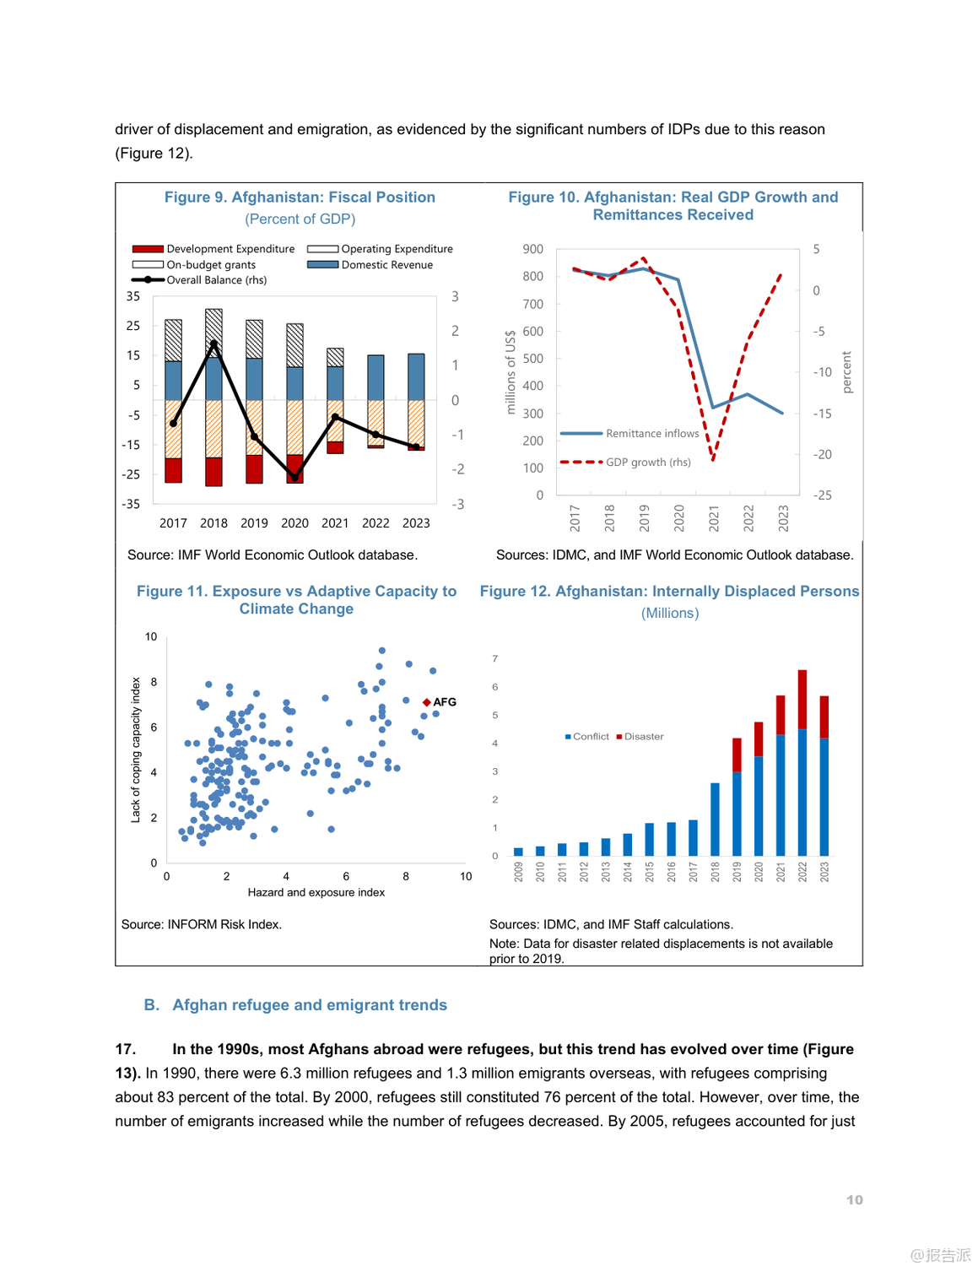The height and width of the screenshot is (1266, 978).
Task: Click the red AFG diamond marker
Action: (427, 702)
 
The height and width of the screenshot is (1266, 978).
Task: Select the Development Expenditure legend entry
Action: (213, 249)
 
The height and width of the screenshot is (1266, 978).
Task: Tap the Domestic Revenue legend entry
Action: (370, 265)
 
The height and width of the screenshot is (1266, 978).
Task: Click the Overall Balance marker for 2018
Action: (213, 344)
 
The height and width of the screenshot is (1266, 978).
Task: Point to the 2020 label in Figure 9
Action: (294, 523)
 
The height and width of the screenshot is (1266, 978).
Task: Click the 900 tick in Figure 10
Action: (532, 249)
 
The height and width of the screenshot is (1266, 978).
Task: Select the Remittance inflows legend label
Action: (651, 434)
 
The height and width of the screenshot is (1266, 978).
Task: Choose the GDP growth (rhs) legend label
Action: (647, 463)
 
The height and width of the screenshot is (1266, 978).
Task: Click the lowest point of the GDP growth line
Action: (713, 459)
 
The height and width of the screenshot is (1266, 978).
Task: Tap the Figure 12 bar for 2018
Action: (715, 819)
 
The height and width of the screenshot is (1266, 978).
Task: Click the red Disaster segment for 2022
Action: (802, 699)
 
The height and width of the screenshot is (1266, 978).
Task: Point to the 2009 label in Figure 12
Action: (518, 872)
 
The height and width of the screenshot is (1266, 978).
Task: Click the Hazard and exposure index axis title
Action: (316, 893)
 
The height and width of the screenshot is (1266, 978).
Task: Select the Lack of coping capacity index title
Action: (136, 749)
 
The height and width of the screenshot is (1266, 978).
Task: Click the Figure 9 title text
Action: (300, 197)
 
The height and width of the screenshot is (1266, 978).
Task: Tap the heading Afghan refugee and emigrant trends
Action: (310, 1005)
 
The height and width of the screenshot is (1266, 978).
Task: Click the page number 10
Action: (854, 1200)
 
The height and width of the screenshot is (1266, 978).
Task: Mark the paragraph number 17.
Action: (125, 1049)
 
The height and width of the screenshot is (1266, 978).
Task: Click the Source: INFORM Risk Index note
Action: (202, 925)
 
